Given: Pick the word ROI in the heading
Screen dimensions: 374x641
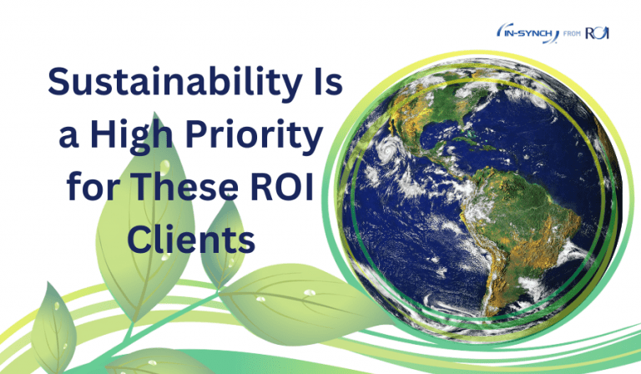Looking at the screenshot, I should click(x=293, y=188).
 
